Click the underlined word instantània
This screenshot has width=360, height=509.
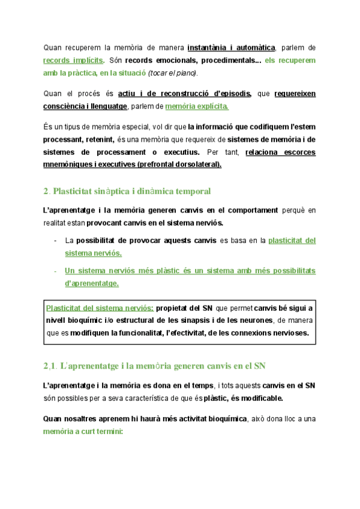pyautogui.click(x=207, y=47)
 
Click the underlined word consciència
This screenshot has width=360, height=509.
pyautogui.click(x=71, y=106)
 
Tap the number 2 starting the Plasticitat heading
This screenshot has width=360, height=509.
pyautogui.click(x=46, y=191)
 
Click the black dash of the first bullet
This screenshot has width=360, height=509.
pyautogui.click(x=56, y=241)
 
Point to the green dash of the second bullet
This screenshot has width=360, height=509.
pyautogui.click(x=56, y=271)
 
